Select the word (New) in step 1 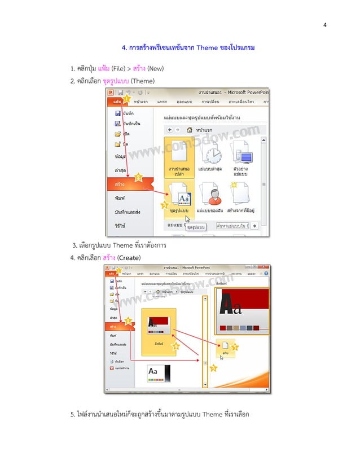coord(156,69)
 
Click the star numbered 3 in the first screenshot coord(165,206)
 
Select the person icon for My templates coord(212,195)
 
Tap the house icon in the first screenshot coord(190,129)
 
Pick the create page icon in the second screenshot coord(225,345)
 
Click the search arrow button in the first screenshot coord(254,225)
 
